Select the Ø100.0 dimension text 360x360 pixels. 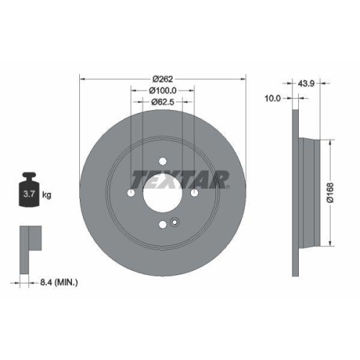163,90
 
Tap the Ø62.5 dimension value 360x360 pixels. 163,102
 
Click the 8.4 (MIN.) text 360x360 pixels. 59,283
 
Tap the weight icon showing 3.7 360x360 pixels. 29,191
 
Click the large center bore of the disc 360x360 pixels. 162,194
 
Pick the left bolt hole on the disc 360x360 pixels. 130,193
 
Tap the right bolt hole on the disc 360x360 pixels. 194,193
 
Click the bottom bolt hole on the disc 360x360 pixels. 162,226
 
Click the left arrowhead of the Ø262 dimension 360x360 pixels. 81,78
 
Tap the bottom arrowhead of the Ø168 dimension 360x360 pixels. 330,242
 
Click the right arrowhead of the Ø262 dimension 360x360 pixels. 244,78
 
